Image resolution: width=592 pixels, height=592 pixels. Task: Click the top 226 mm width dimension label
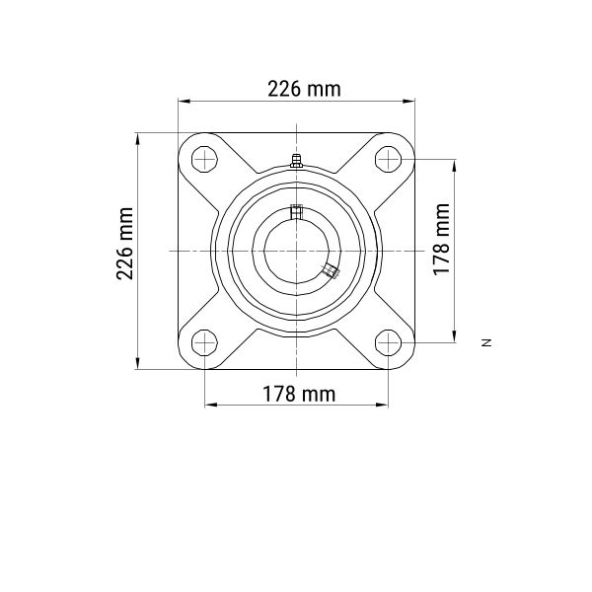coord(304,89)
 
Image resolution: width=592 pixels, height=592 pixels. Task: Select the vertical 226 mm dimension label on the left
coord(125,244)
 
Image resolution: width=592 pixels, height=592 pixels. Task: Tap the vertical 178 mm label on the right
coord(441,240)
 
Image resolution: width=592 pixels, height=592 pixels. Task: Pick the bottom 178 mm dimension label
coord(299,394)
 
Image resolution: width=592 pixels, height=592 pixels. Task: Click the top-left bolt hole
coord(204,159)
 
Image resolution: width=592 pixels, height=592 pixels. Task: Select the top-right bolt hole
coord(388,159)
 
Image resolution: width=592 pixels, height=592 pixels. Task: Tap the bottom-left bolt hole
coord(204,342)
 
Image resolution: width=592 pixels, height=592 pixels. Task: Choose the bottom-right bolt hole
coord(388,342)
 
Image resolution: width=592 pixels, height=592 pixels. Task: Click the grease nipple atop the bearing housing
coord(296,161)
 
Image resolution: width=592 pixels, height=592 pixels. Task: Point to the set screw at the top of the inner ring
coord(296,212)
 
